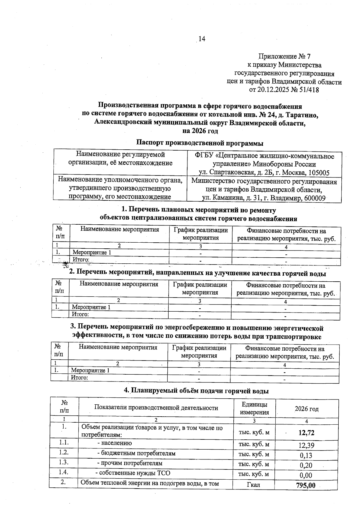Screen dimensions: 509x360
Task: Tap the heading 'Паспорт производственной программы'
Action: click(199, 143)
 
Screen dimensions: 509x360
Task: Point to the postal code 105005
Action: click(318, 173)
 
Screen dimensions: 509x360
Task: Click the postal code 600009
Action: click(314, 198)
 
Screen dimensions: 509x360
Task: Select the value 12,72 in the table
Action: click(306, 433)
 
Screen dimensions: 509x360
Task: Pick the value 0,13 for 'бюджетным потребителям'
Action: click(306, 456)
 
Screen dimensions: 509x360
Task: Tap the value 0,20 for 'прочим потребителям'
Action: click(306, 466)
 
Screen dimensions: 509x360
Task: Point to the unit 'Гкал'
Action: click(253, 485)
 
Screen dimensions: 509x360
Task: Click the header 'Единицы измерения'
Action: click(254, 408)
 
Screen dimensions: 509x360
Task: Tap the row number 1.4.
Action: click(64, 472)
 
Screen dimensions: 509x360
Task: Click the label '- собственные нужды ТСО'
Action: click(133, 473)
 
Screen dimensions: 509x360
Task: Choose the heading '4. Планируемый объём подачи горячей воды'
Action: click(196, 391)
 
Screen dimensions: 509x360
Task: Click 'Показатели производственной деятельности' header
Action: click(156, 408)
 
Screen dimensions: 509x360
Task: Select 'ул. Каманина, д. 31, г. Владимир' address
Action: click(252, 198)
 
